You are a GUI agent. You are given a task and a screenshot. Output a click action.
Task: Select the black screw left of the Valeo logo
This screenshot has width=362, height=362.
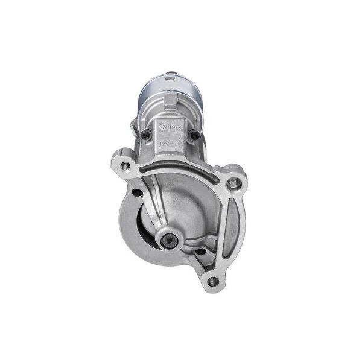(x=147, y=134)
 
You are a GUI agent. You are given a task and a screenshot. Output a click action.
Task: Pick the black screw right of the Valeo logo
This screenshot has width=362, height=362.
(x=194, y=135)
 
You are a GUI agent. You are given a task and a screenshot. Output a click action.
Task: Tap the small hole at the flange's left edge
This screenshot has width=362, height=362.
(x=136, y=193)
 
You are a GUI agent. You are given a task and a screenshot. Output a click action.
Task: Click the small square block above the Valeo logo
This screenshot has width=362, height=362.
(x=171, y=100)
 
